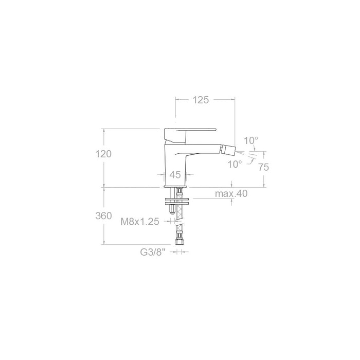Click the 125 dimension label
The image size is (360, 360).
point(201,100)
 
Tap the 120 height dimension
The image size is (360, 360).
point(103,154)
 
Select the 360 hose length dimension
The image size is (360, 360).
point(103,216)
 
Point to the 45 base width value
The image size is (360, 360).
point(175,175)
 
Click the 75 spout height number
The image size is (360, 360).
point(263,167)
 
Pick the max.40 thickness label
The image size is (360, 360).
point(231,193)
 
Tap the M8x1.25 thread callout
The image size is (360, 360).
point(140,222)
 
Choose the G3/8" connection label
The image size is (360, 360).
point(153,252)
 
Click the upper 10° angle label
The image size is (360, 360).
point(251,140)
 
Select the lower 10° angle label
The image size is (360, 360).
point(235,164)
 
